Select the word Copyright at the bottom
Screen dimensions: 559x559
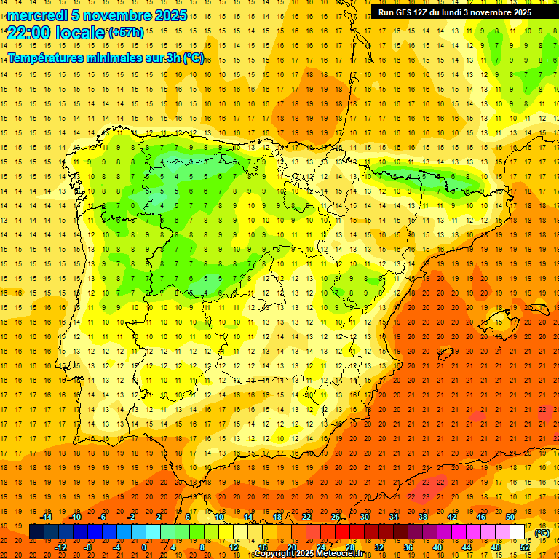click(274, 554)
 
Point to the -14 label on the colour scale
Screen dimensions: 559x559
click(47, 517)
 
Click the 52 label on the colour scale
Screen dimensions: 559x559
click(525, 547)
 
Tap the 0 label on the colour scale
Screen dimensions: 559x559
click(144, 547)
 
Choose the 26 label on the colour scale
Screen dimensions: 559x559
click(336, 517)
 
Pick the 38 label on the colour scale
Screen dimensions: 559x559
click(422, 517)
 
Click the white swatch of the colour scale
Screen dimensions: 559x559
click(518, 532)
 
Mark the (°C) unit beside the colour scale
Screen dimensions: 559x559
click(542, 533)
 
